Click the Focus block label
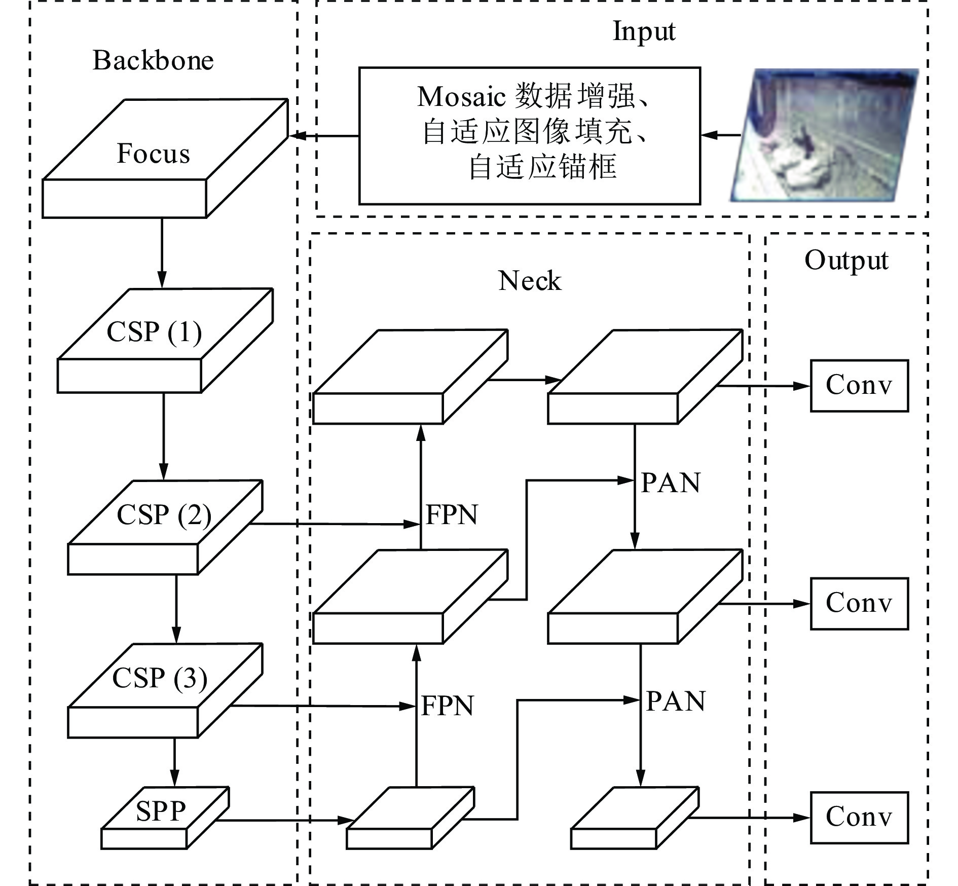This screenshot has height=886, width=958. (x=153, y=153)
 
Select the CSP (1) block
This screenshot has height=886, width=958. (x=165, y=341)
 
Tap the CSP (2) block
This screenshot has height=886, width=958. (x=165, y=527)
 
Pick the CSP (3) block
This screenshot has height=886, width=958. (x=165, y=690)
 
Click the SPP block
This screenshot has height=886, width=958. (x=165, y=818)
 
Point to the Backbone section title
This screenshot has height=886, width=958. (x=153, y=60)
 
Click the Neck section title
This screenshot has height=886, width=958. (x=530, y=280)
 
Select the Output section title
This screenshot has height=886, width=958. (x=846, y=261)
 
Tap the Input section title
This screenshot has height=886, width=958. (x=644, y=31)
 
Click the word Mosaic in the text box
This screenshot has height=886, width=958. (x=461, y=96)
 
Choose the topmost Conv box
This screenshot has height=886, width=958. (x=859, y=386)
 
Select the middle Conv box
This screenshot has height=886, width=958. (x=859, y=604)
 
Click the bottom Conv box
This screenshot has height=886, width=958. (x=859, y=818)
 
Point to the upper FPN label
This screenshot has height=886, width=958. (x=452, y=515)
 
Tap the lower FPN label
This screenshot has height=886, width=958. (x=447, y=706)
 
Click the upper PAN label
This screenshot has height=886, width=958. (x=671, y=483)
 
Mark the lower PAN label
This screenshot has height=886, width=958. (x=676, y=702)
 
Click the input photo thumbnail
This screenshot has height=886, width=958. (x=824, y=135)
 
